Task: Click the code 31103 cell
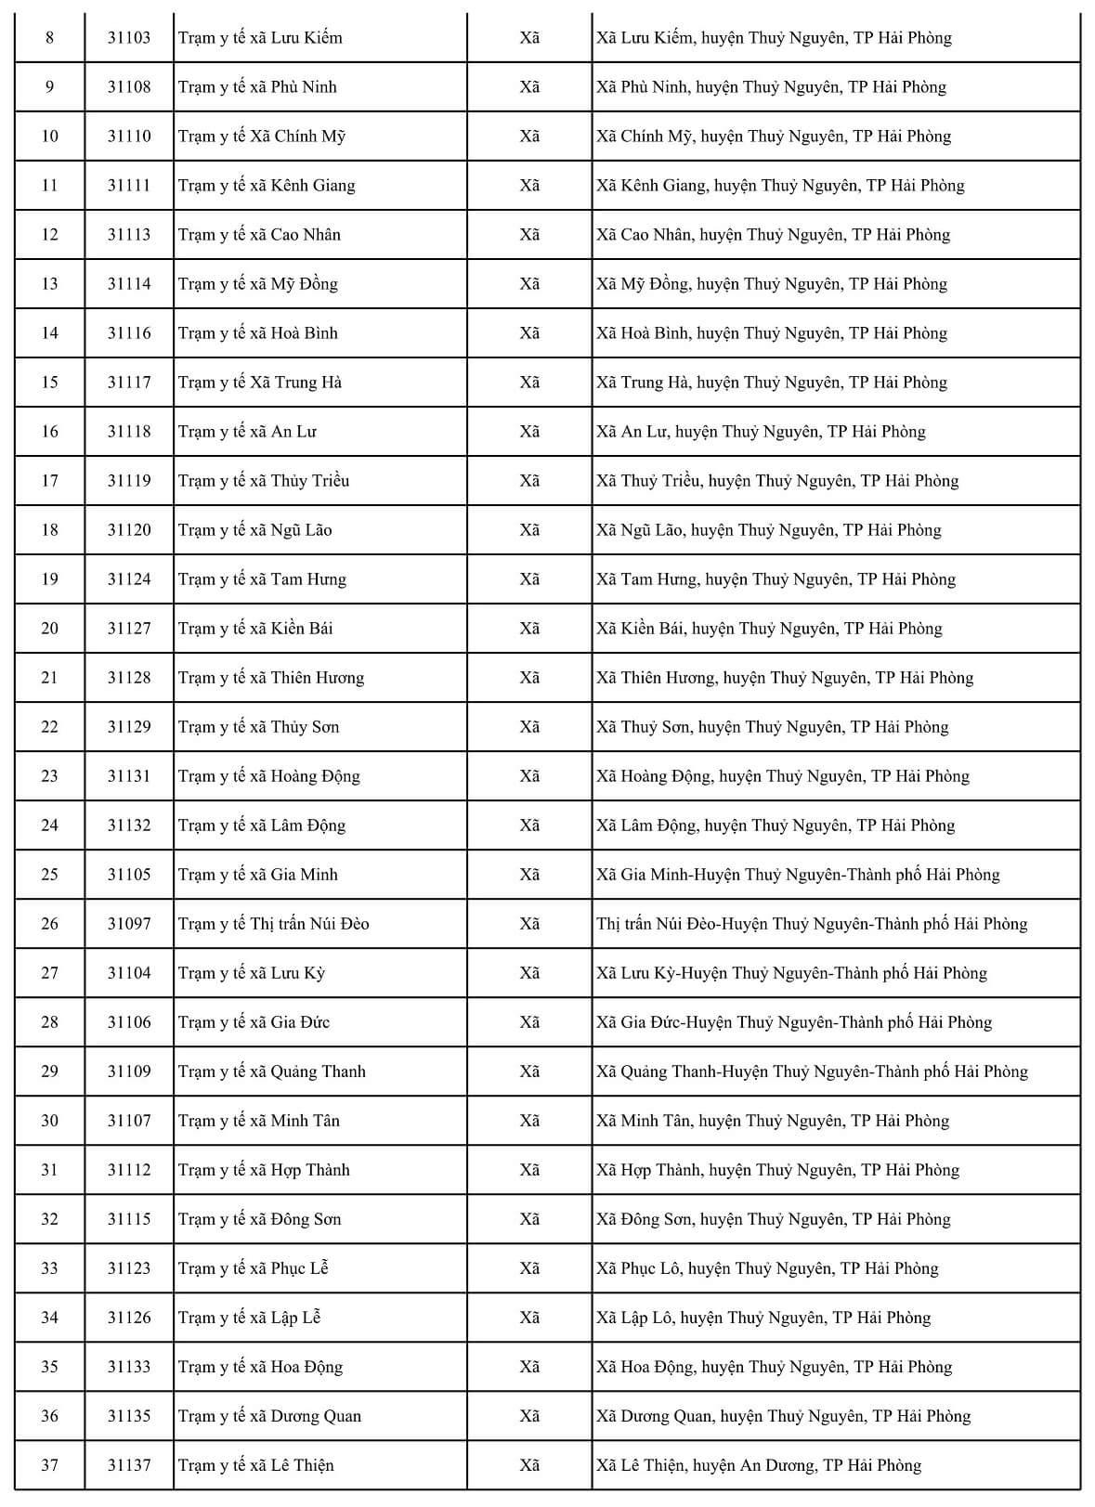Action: [128, 38]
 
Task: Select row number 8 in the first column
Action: [49, 38]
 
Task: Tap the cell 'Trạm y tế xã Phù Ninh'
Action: [257, 87]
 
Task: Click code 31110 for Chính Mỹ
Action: [128, 136]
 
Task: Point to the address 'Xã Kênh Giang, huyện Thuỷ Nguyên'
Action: [780, 186]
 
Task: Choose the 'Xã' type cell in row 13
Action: [529, 284]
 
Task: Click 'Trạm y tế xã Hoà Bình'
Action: [258, 333]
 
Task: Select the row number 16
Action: [49, 432]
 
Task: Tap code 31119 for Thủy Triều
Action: [128, 481]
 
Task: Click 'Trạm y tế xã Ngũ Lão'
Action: [254, 530]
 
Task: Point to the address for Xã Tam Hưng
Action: [776, 579]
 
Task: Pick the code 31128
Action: [128, 678]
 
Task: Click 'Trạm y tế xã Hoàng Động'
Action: [268, 776]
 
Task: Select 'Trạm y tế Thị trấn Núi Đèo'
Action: [273, 924]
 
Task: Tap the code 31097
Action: [128, 924]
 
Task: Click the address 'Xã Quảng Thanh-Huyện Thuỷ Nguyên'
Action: [812, 1072]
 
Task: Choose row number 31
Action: [49, 1170]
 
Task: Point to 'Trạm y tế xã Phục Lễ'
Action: [253, 1268]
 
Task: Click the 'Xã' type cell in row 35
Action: [529, 1367]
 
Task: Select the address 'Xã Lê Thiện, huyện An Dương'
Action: [759, 1465]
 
